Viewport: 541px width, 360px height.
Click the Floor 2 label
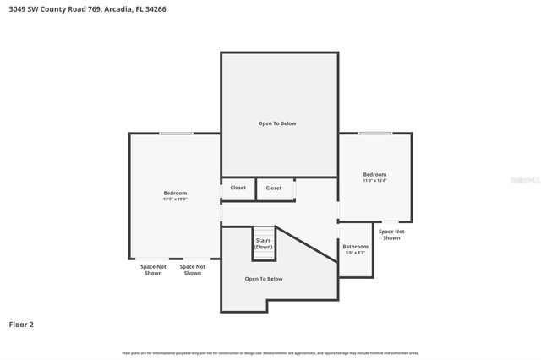tap(21, 324)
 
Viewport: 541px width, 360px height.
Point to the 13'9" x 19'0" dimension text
tap(175, 199)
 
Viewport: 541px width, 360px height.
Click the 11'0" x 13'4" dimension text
tap(374, 180)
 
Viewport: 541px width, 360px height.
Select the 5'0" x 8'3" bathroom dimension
tap(355, 253)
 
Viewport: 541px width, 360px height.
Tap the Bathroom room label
tap(355, 247)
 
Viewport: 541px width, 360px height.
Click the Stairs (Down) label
tap(264, 243)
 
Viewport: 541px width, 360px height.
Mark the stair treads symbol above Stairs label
tap(265, 231)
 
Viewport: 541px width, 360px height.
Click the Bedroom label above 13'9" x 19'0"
tap(175, 194)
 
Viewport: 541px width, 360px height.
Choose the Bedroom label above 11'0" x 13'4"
tap(374, 174)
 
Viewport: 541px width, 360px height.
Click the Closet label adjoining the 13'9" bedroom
tap(238, 188)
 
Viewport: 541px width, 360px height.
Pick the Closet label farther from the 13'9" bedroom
tap(274, 188)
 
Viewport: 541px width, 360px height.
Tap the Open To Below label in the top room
tap(277, 123)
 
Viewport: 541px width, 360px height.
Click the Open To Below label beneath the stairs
tap(264, 279)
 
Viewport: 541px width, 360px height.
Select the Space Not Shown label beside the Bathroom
tap(391, 235)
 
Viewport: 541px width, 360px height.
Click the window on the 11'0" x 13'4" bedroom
tap(374, 133)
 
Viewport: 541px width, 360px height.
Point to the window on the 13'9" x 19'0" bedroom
tap(176, 133)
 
